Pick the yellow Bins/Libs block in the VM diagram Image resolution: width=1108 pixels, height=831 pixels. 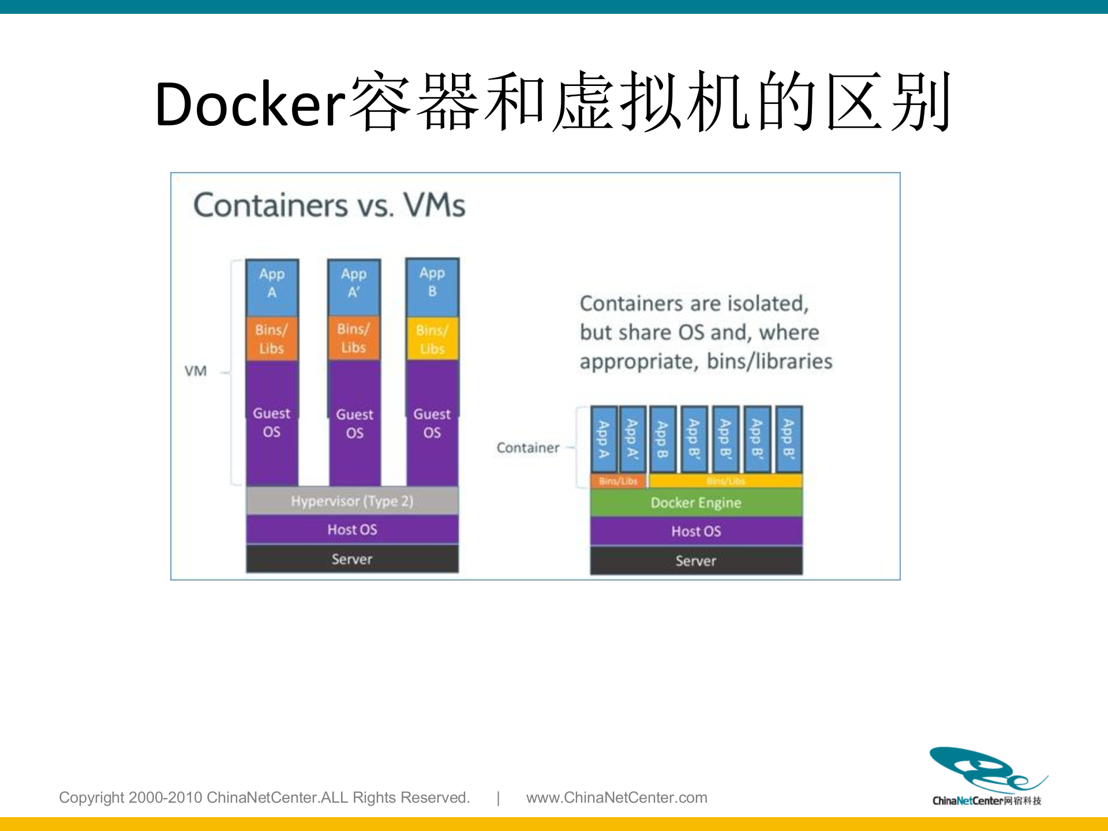point(432,339)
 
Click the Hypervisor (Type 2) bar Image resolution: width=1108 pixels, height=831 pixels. point(352,501)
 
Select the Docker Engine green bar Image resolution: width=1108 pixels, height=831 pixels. point(696,503)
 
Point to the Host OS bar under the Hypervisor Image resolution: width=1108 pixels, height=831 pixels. point(352,529)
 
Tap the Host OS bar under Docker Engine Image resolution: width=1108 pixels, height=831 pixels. point(696,531)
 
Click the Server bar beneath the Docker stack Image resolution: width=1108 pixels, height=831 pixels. point(696,560)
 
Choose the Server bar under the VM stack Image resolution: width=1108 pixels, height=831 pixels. point(352,559)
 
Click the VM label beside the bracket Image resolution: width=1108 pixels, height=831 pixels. point(196,371)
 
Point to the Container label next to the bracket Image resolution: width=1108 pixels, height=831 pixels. point(528,448)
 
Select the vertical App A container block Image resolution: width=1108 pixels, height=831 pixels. point(604,439)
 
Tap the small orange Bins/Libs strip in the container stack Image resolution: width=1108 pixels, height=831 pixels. point(618,481)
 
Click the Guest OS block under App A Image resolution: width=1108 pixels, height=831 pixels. point(272,422)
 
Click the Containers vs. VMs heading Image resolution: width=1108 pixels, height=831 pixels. point(329,205)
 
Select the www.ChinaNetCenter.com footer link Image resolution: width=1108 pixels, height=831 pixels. point(616,798)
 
